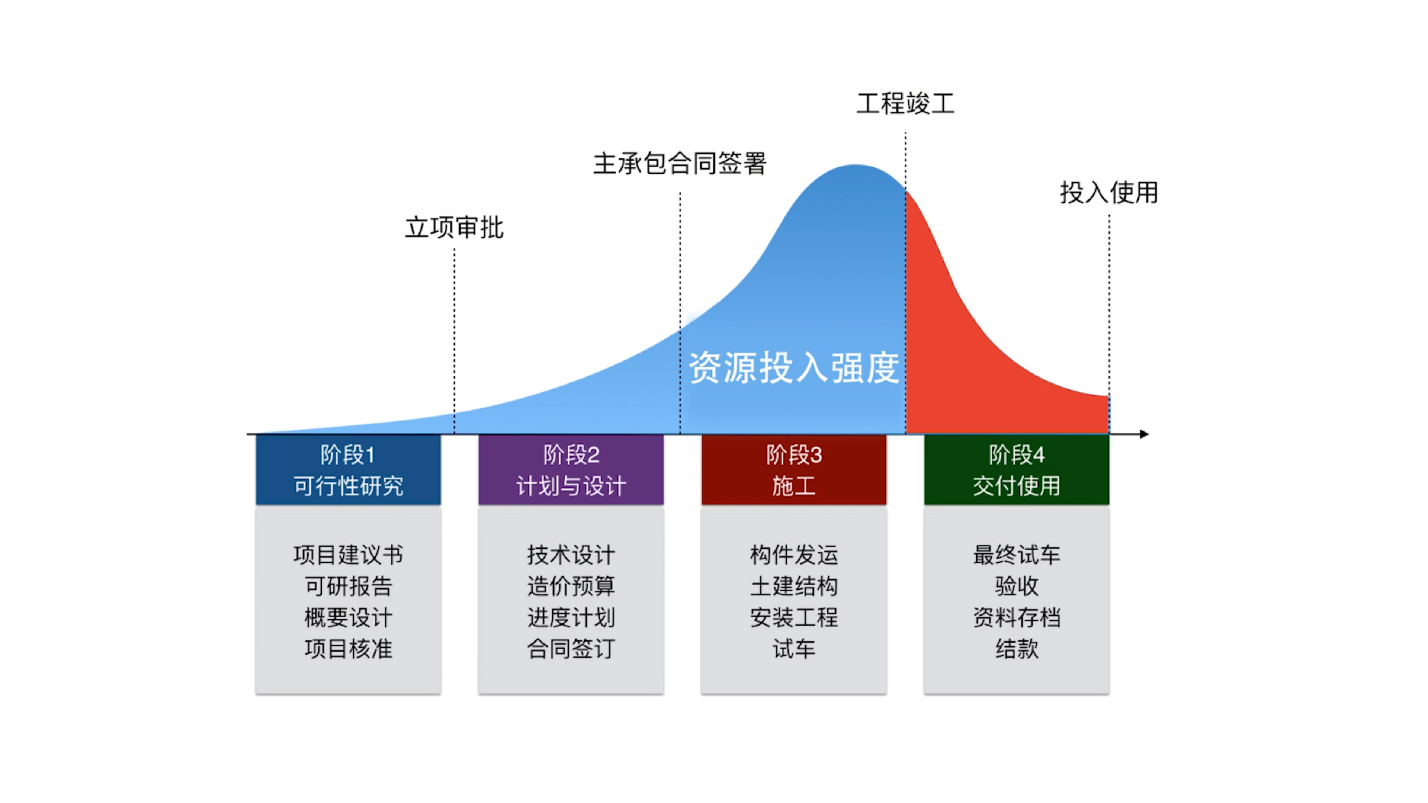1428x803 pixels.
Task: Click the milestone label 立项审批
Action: pos(454,228)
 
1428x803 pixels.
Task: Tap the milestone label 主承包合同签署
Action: pos(680,164)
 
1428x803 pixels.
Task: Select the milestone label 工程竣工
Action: pos(905,104)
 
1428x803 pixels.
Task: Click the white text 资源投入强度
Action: pos(793,367)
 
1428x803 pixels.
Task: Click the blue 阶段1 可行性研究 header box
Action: pos(348,470)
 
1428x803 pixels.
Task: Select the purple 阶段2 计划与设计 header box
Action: pos(571,470)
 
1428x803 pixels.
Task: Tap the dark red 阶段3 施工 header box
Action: pos(794,470)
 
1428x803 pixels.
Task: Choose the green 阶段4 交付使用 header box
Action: pos(1017,470)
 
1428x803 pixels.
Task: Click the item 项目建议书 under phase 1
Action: pos(348,555)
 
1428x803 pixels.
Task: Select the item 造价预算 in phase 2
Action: pos(571,586)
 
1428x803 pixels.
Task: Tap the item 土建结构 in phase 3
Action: pos(794,586)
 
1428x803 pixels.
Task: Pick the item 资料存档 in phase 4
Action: pos(1017,617)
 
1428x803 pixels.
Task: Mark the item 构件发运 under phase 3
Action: pos(794,555)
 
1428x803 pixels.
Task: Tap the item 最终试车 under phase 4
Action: pos(1017,555)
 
